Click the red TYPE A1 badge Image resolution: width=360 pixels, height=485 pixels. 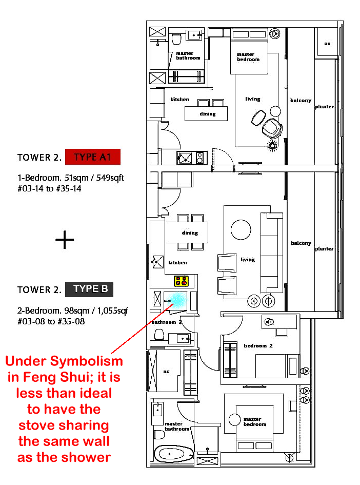[93, 157]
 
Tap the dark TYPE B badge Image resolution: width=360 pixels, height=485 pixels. [89, 289]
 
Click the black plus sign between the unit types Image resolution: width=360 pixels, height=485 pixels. [65, 240]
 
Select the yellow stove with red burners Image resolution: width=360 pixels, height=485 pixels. [181, 281]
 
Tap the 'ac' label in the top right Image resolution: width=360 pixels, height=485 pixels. [327, 44]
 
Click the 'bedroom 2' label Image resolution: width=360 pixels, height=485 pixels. [258, 345]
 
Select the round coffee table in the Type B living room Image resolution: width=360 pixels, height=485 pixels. [241, 229]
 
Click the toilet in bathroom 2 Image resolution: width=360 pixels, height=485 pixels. [159, 335]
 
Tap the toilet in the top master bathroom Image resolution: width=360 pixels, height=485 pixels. [176, 40]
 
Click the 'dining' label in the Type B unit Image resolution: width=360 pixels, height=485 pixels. [190, 232]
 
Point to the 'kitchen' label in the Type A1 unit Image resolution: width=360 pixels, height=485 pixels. [179, 99]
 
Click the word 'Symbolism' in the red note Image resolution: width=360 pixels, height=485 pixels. [87, 361]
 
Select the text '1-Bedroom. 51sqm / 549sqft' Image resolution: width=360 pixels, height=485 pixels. [71, 178]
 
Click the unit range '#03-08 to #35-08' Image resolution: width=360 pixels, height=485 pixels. [51, 321]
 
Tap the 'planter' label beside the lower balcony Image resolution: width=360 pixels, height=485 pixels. [324, 249]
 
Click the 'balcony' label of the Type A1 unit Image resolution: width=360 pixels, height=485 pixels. [301, 101]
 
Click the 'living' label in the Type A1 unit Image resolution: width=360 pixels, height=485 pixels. [253, 99]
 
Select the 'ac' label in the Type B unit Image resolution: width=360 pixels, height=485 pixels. [166, 372]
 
